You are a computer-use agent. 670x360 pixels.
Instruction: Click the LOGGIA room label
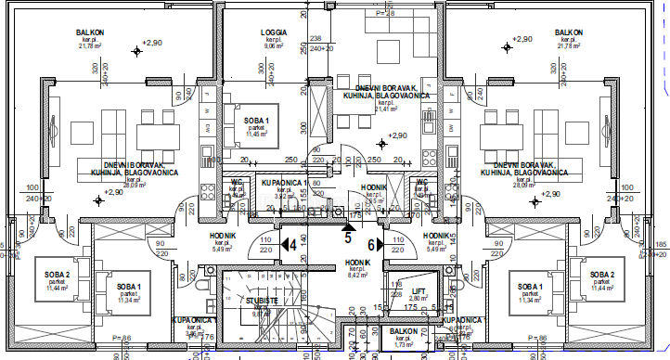274,32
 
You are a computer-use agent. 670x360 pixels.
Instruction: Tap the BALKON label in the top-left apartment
90,33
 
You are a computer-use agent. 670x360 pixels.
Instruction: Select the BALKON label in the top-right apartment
569,33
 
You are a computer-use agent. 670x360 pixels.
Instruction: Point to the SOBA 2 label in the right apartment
604,275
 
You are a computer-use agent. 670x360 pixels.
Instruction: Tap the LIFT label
420,290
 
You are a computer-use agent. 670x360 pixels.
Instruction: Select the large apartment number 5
348,237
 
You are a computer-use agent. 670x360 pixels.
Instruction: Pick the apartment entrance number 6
370,245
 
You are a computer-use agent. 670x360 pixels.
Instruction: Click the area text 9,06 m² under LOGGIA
274,47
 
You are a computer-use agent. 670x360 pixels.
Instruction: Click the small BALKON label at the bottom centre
402,330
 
